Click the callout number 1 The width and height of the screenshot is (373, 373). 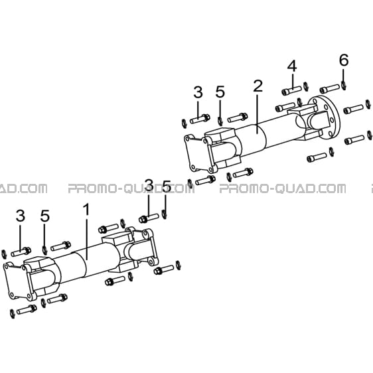click(x=86, y=210)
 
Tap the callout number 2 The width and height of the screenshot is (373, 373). click(x=258, y=86)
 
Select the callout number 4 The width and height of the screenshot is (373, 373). click(x=292, y=66)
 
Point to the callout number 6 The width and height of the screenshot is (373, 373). click(x=344, y=60)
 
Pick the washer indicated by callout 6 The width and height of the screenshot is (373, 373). click(x=344, y=86)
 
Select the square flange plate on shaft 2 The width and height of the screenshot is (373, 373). click(x=198, y=153)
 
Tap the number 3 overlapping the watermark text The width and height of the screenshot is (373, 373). click(x=149, y=185)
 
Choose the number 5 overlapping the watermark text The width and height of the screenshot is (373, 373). click(x=167, y=186)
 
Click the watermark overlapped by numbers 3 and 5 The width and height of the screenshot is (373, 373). click(x=131, y=188)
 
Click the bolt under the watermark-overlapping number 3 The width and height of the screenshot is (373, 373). click(x=149, y=218)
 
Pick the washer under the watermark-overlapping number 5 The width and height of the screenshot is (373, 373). click(x=164, y=214)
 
